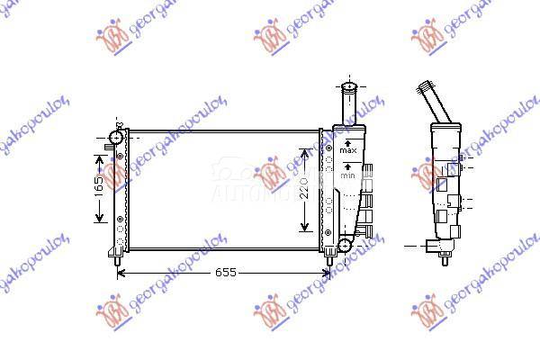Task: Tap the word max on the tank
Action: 350,149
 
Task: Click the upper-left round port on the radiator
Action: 114,138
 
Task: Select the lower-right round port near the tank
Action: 344,245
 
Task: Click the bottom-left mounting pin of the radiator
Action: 120,260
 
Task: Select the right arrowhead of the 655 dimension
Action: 328,273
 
